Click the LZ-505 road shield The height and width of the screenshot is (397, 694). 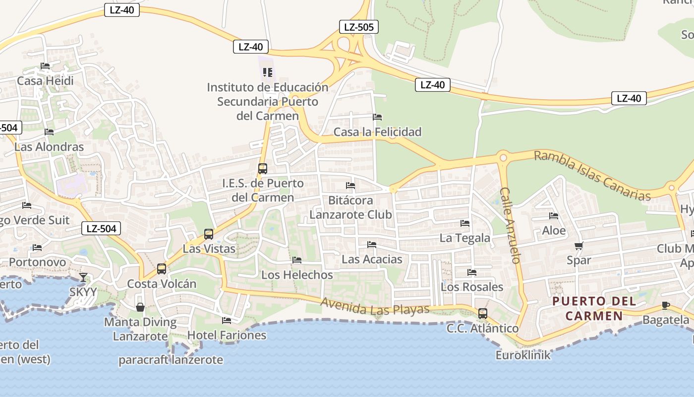[x=359, y=27]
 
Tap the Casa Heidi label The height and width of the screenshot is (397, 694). [x=45, y=81]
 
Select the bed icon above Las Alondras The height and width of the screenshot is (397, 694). [x=49, y=132]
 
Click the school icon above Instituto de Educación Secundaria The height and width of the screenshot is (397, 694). [x=268, y=73]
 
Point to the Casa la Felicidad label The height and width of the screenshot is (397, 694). [x=377, y=132]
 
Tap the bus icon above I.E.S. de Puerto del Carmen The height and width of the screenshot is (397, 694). [x=263, y=168]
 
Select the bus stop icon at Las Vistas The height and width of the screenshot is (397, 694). [x=209, y=234]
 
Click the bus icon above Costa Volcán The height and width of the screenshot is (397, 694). [x=162, y=269]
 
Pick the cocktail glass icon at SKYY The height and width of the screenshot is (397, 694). [x=83, y=277]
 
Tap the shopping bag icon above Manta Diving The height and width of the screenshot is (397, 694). [x=140, y=307]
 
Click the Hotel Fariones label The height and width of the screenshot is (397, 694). [x=227, y=335]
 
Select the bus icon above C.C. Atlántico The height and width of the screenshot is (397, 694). [x=482, y=314]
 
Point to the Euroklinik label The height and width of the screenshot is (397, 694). [x=523, y=355]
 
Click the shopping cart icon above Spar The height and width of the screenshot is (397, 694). [x=578, y=246]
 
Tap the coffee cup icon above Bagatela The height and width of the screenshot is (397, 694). [x=665, y=305]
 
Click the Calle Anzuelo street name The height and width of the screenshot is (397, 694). [x=510, y=225]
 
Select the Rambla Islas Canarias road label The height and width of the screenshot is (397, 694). [x=592, y=176]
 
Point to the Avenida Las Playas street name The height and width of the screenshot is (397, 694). [x=375, y=307]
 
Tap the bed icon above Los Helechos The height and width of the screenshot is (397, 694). [x=297, y=260]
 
